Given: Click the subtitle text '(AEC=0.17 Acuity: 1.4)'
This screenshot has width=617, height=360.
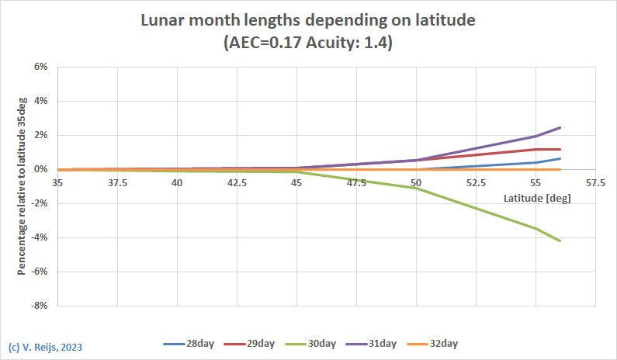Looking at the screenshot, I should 307,43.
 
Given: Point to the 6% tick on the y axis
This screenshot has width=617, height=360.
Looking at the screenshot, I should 40,67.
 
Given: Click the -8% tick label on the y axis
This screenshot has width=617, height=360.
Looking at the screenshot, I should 39,306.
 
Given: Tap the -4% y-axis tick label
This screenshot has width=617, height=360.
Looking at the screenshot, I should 39,237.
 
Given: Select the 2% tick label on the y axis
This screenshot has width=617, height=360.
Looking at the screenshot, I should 40,135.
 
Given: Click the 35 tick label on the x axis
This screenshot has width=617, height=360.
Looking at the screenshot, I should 57,183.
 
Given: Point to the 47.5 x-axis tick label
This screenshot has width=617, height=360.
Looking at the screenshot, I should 356,183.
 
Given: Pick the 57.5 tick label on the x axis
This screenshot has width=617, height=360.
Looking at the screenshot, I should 595,183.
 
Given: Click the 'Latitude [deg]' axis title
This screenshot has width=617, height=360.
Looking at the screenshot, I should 537,199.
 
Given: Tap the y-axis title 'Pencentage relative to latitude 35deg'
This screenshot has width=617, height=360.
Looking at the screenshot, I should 22,186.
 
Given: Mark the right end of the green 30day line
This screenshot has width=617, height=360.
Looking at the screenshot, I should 560,241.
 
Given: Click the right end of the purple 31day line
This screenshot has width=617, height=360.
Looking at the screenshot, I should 560,127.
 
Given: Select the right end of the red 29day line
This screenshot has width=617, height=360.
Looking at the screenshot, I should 560,149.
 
